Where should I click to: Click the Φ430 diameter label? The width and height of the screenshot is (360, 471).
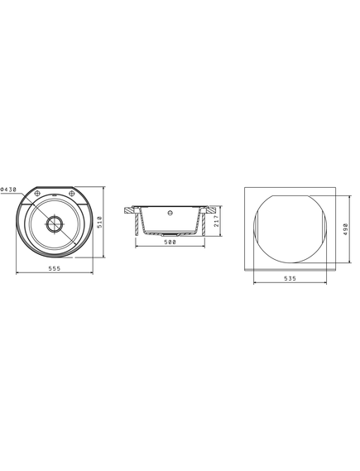tap(8, 190)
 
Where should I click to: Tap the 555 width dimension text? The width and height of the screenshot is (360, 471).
tap(55, 268)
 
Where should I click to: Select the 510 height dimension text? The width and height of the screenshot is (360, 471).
tap(99, 222)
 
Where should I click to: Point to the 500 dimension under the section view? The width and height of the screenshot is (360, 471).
tap(170, 242)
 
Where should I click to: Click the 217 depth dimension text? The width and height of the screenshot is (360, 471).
tap(216, 221)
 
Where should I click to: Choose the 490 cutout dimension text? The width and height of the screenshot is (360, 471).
tap(345, 229)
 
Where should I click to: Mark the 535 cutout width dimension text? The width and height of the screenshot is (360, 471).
tap(290, 278)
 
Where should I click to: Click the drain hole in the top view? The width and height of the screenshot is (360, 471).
tap(55, 223)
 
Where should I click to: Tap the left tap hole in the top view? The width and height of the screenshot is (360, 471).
tap(37, 193)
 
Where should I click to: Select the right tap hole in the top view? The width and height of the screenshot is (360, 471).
tap(71, 193)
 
